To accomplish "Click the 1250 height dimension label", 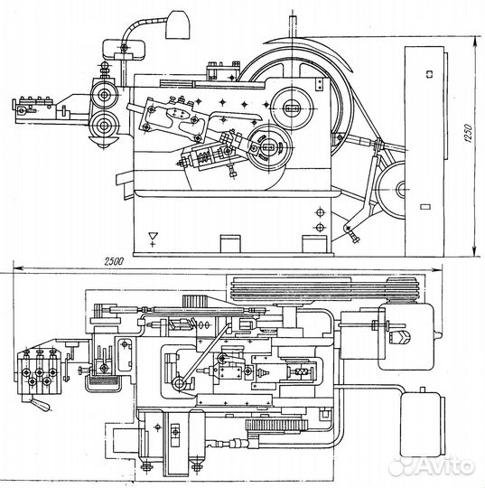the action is point(469,133).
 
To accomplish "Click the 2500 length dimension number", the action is point(114,262).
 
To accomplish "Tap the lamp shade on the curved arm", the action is point(178,25).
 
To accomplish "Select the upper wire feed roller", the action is point(105,94).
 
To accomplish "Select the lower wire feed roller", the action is point(104,126).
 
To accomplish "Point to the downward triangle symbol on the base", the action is point(153,236).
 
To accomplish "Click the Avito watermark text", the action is point(432,465).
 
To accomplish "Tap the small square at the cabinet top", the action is point(429,74).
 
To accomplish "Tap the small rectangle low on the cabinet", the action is point(425,207).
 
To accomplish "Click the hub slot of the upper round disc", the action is point(292,108).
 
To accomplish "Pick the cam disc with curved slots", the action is point(270,147).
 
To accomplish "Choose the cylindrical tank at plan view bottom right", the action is point(423,424).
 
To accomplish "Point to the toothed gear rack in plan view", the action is point(276,425).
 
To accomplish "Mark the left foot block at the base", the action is point(230,244).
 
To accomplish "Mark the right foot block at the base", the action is point(314,244).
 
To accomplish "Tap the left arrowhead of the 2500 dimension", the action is point(18,267).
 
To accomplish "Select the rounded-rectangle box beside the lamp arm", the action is point(125,49).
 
